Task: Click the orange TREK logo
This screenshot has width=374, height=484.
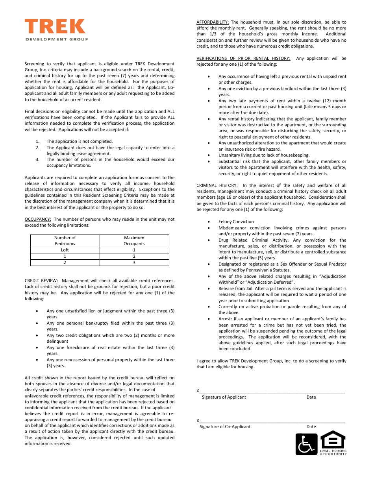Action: coord(55,26)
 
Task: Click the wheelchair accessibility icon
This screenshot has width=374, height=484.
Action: coord(306,444)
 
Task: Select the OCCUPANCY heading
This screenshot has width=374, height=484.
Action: coord(38,219)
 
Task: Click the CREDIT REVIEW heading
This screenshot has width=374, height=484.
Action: coord(41,281)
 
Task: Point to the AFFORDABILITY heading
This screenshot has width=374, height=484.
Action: coord(213,22)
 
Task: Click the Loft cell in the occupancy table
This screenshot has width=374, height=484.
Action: coord(65,250)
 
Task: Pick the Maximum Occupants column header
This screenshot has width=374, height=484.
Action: coord(134,240)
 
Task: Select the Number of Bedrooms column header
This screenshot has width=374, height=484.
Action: coord(65,240)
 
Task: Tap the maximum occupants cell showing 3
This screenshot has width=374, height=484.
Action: coord(134,262)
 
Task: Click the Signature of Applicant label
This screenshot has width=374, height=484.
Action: coord(224,397)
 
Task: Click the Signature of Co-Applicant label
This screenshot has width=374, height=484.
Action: coord(225,427)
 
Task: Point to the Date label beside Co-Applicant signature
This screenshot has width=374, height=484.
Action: coord(311,427)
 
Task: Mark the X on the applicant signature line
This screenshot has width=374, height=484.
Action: coord(198,391)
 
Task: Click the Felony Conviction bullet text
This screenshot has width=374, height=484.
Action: coord(236,222)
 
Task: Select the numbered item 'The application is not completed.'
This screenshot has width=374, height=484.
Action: coord(80,141)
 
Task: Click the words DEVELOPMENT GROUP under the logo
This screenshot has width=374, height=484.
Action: coord(57,39)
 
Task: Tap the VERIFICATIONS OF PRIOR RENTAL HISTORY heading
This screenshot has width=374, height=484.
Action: coord(243,58)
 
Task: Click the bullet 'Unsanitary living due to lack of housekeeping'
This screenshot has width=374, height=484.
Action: coord(264,155)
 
